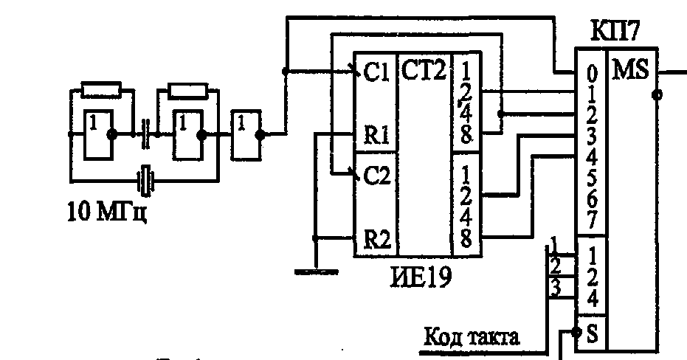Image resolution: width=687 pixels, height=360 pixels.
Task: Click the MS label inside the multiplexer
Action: tap(629, 70)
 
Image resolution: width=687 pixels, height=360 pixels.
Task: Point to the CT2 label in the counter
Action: tap(424, 71)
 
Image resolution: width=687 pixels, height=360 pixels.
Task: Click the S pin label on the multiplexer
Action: tap(592, 335)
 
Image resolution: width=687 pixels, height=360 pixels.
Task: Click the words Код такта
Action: tap(472, 338)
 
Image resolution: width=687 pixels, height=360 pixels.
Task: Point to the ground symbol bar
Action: tap(315, 271)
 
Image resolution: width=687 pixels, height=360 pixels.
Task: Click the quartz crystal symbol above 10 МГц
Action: tap(145, 177)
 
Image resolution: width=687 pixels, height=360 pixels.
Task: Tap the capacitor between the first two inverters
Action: tap(145, 134)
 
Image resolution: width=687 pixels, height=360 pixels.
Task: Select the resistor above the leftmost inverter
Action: tap(101, 90)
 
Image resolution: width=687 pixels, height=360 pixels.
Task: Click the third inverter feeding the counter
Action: tap(246, 134)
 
